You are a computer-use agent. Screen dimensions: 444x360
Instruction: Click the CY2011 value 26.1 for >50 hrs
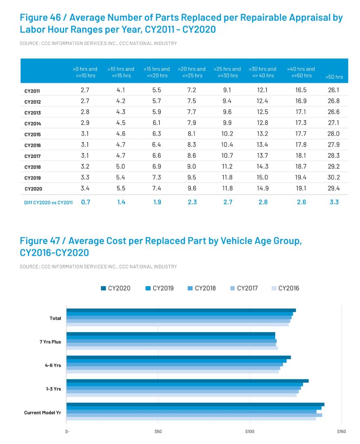334,90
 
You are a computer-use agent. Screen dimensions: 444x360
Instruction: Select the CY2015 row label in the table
32,134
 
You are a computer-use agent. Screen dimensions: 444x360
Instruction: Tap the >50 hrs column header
334,77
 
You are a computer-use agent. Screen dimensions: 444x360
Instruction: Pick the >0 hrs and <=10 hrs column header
85,72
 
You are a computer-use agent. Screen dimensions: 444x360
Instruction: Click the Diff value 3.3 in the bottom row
334,202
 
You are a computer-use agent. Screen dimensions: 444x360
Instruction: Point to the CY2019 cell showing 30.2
334,178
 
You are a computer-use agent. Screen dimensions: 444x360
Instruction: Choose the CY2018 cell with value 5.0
121,167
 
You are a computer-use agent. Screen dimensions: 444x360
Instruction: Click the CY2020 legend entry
115,288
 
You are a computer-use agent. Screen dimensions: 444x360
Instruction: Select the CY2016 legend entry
285,288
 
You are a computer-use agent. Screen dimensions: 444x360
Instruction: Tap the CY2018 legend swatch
189,288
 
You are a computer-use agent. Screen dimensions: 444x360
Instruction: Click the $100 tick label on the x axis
250,431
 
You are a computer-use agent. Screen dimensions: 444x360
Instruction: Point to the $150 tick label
341,431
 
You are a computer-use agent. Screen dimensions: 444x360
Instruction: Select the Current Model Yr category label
42,412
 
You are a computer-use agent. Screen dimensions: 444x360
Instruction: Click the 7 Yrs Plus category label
50,342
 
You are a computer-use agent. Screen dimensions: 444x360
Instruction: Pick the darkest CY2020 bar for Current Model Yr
195,405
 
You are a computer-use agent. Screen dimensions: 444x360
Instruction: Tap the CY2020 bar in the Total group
181,310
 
